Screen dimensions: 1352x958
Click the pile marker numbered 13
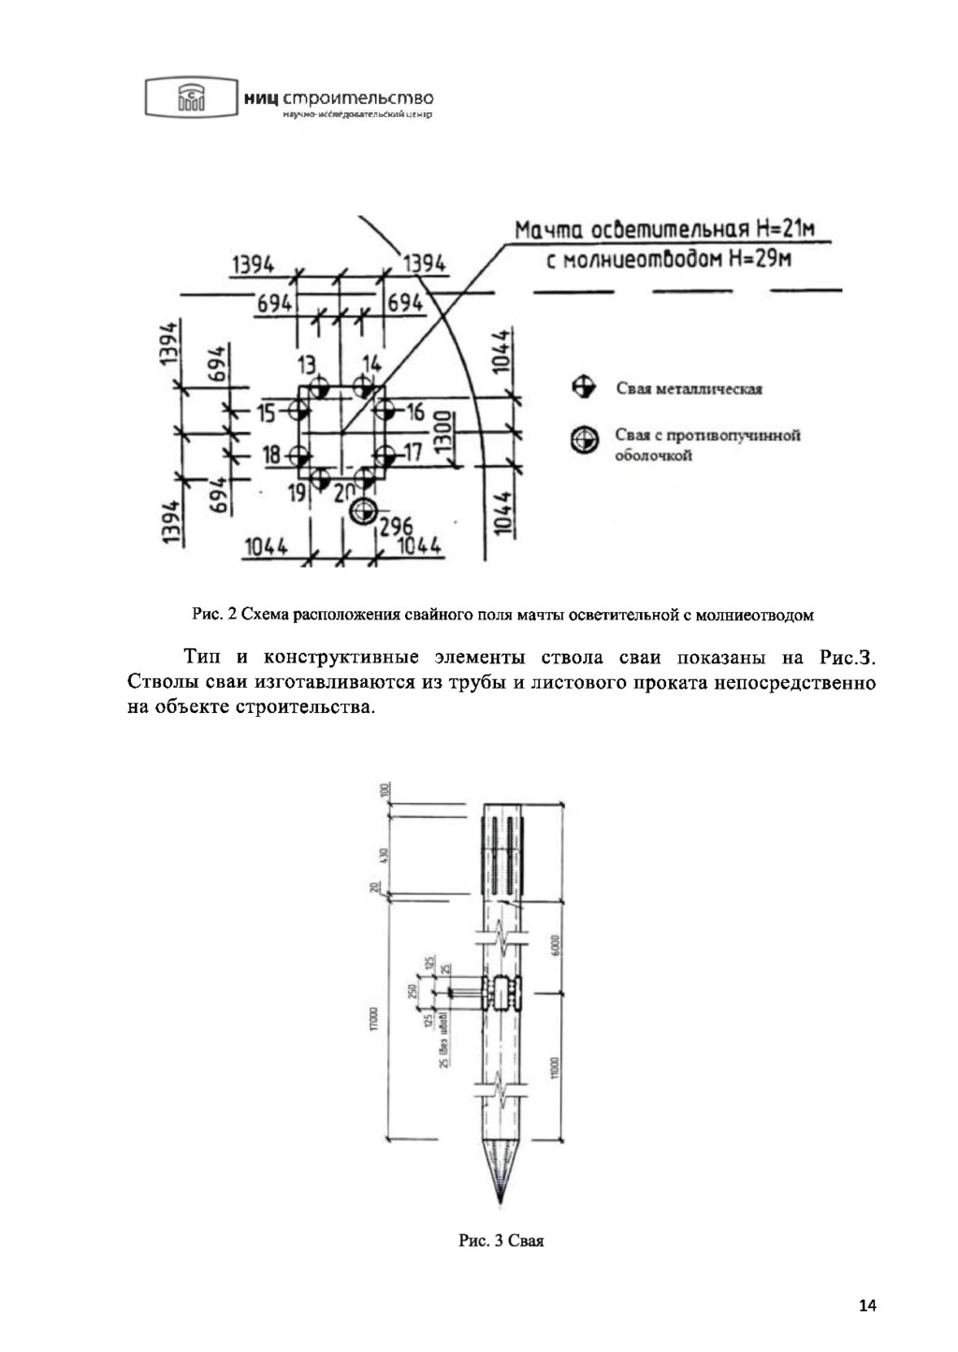(320, 385)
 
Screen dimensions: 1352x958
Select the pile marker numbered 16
(383, 410)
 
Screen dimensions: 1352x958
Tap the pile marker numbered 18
(300, 456)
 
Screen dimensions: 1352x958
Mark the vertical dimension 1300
(446, 432)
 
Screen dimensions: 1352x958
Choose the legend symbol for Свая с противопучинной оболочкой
(587, 441)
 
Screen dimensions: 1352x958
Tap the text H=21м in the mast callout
(779, 230)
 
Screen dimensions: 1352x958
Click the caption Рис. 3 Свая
(501, 1242)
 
